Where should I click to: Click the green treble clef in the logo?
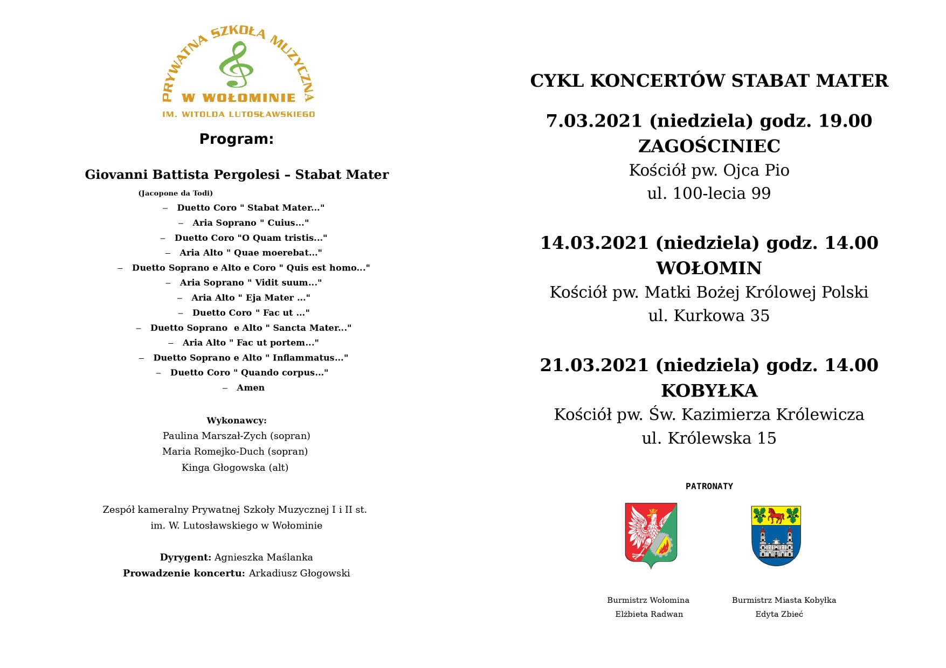coord(236,65)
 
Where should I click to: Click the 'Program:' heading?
coord(236,139)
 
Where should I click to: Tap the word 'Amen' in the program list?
coord(250,388)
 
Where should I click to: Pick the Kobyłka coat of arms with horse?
coord(776,535)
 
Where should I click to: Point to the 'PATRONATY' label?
coord(709,486)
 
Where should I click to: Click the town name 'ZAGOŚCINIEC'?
coord(709,146)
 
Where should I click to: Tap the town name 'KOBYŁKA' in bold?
coord(709,391)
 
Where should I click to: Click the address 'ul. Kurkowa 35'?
coord(709,316)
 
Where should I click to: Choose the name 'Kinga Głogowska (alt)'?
coord(235,468)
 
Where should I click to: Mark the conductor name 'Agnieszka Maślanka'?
coord(264,558)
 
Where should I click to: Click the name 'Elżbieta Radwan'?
coord(649,614)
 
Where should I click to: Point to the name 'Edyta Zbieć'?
coord(779,614)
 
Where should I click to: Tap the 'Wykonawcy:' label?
coord(236,421)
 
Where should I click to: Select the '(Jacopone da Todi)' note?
coord(176,193)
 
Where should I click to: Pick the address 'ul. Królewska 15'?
coord(709,439)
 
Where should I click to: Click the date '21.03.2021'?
coord(594,365)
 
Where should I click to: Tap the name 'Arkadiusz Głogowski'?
coord(299,573)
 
